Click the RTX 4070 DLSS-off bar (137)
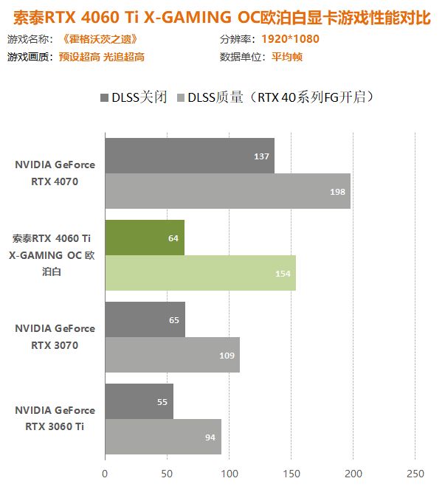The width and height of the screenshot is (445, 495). tap(189, 156)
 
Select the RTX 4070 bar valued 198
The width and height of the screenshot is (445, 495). tap(227, 191)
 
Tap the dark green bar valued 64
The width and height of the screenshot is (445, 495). tap(145, 238)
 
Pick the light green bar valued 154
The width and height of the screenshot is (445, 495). tap(200, 273)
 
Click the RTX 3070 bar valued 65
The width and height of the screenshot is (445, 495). tap(145, 319)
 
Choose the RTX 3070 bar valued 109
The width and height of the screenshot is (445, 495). tap(172, 355)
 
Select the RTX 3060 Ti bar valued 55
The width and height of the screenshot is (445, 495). tap(139, 401)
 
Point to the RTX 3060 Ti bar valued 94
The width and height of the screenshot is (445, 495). tap(163, 437)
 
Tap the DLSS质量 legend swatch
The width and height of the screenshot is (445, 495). tap(181, 97)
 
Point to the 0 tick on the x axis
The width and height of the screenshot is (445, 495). tap(105, 473)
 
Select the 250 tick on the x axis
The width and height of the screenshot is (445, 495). tap(415, 473)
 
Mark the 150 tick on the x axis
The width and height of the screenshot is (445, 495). tap(292, 473)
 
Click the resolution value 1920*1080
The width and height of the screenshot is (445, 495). tap(290, 39)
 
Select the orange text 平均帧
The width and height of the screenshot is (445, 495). tap(286, 57)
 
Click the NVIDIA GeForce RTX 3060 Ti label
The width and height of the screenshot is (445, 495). tap(55, 418)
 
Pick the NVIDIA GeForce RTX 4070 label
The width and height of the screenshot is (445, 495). tap(55, 173)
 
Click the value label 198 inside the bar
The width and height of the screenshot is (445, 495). tap(339, 191)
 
